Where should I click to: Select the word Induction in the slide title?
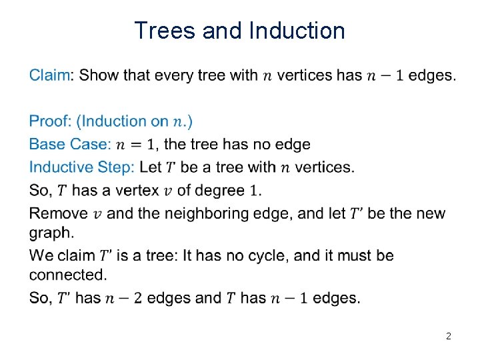[297, 31]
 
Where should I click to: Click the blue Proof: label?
[50, 121]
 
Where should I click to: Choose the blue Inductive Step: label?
[82, 167]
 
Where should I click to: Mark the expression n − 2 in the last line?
[123, 298]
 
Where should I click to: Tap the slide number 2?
[448, 337]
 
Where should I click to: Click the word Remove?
[58, 213]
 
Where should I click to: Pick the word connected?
[67, 275]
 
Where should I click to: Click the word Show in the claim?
[99, 75]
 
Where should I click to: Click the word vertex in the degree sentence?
[136, 191]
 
